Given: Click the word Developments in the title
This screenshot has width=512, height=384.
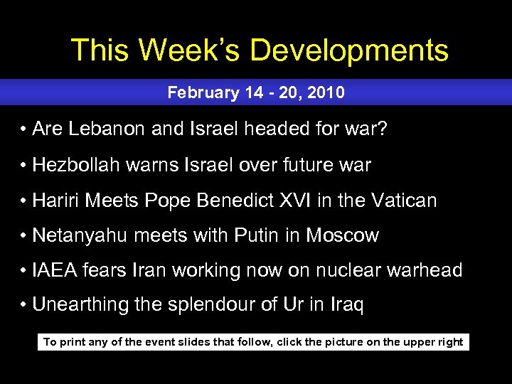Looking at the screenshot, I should point(349,50).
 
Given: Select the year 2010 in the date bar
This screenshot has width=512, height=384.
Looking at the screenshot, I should point(329,92).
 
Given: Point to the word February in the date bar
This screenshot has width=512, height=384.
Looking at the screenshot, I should point(197,92).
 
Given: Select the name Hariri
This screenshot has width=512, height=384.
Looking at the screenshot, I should point(56,201).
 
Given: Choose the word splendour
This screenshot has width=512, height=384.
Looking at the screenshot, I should point(209,305).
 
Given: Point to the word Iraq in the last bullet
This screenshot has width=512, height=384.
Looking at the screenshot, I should point(346,305).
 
